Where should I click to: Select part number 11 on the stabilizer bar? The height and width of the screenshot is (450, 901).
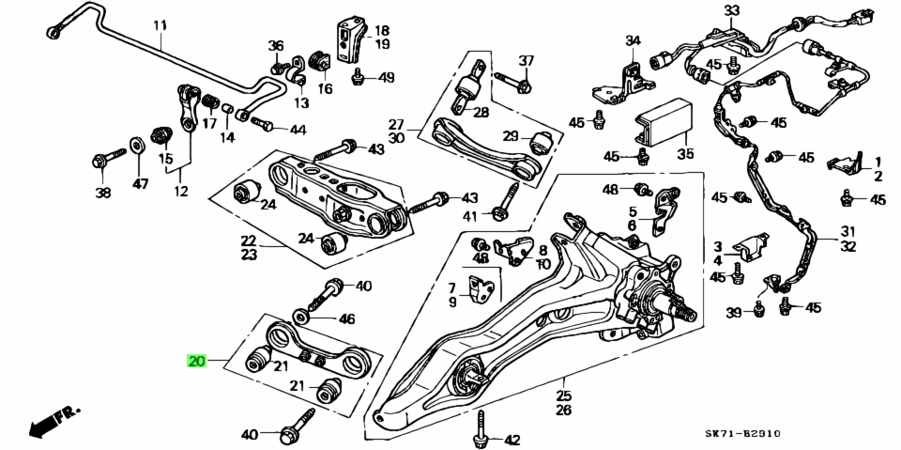tap(159, 25)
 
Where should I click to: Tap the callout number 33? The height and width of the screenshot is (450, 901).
tap(731, 11)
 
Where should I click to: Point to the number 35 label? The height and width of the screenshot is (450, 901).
tap(686, 154)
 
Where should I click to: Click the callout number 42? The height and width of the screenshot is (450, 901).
tap(512, 440)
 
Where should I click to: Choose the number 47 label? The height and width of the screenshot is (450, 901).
tap(140, 184)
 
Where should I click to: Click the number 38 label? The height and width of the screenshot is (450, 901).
tap(102, 193)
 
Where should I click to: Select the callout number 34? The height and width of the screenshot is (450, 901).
tap(633, 40)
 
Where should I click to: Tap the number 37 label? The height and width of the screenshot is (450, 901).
tap(527, 61)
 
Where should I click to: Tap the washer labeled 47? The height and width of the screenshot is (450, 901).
tap(135, 144)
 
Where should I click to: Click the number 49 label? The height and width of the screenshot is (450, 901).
tap(387, 78)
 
